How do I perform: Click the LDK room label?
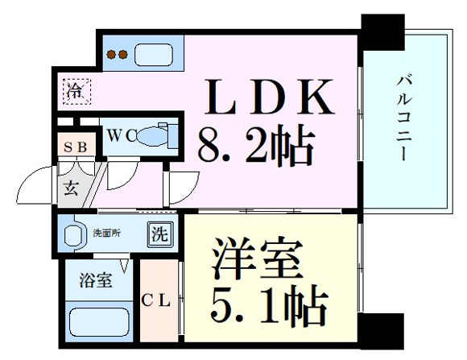pyautogui.click(x=269, y=97)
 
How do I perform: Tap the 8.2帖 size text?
pyautogui.click(x=256, y=146)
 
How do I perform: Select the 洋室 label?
pyautogui.click(x=258, y=258)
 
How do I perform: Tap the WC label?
pyautogui.click(x=122, y=135)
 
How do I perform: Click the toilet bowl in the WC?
pyautogui.click(x=152, y=136)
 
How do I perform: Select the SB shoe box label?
pyautogui.click(x=76, y=147)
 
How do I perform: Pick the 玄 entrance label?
pyautogui.click(x=71, y=188)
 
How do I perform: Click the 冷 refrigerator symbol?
pyautogui.click(x=76, y=92)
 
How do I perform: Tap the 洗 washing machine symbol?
pyautogui.click(x=160, y=234)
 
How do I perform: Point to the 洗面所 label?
pyautogui.click(x=107, y=233)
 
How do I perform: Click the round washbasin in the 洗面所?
pyautogui.click(x=73, y=235)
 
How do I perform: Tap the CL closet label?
pyautogui.click(x=155, y=300)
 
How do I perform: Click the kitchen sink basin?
pyautogui.click(x=154, y=55)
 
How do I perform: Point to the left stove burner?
pyautogui.click(x=111, y=55)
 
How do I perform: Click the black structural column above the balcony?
pyautogui.click(x=383, y=32)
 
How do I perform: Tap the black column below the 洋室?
pyautogui.click(x=381, y=331)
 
